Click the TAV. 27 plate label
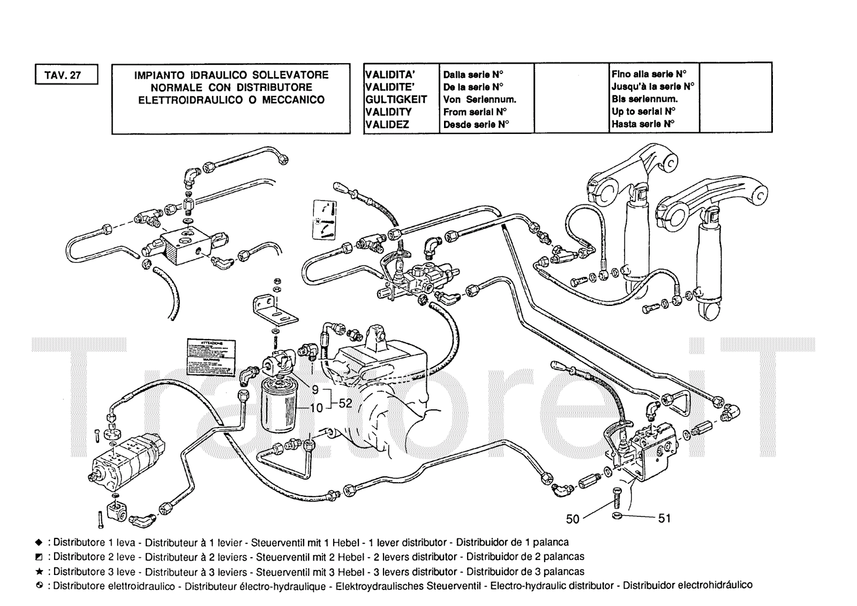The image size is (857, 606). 67,75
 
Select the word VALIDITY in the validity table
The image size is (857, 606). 388,112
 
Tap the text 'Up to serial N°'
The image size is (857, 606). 643,111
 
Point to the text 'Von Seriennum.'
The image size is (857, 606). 479,99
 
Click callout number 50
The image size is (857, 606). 573,519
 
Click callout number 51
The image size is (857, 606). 664,518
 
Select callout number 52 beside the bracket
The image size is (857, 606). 345,403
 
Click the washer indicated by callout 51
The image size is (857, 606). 617,516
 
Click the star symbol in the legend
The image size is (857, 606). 39,572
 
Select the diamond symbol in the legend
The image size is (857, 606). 39,542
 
